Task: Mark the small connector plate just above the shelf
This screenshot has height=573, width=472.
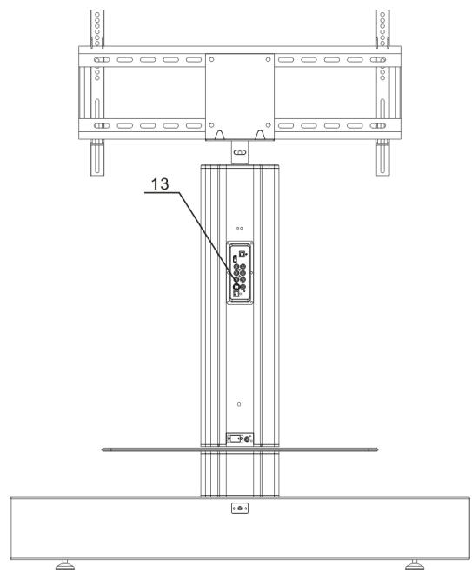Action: pos(241,439)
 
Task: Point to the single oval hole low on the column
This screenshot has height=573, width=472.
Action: pos(241,405)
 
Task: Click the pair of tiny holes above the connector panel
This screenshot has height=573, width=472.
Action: pos(241,228)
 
